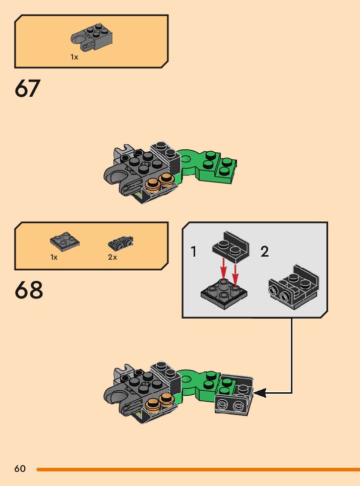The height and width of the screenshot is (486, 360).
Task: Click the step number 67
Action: coord(27,88)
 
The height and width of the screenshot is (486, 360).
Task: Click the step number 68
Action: coord(29,290)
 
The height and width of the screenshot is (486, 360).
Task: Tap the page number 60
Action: coord(20,468)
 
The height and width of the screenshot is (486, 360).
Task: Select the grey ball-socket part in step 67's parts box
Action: coord(91,37)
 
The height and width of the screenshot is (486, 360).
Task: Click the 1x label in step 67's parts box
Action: coord(74,57)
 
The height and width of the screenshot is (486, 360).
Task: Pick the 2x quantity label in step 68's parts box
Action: coord(112,257)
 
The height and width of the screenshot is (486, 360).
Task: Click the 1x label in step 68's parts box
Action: coord(53,257)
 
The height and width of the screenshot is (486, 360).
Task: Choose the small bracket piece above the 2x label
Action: coord(121,244)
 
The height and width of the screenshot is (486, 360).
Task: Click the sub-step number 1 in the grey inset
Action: coord(194,252)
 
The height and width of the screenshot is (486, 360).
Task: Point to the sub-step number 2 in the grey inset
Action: coord(265,252)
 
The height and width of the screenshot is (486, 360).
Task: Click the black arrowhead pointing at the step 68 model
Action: coord(260,393)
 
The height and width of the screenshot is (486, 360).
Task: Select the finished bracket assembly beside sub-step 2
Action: coord(293,287)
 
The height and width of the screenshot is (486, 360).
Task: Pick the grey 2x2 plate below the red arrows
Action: coord(224,293)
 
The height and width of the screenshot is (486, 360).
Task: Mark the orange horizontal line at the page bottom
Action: coord(198,469)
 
